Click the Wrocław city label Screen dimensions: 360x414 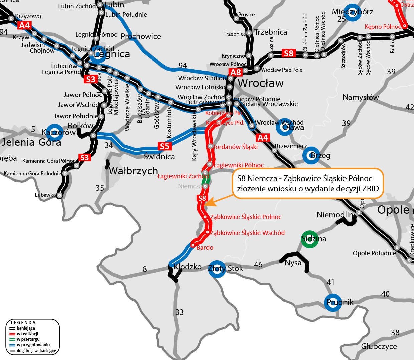[x=261, y=83]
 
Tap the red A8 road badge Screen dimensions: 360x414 [x=236, y=72]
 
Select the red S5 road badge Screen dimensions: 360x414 [x=164, y=146]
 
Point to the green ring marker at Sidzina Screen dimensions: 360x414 [x=310, y=239]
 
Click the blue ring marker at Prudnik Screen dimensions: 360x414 [x=333, y=303]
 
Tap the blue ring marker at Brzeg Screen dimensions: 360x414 [x=311, y=155]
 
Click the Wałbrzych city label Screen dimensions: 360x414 [x=133, y=171]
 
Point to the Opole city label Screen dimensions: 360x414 [x=393, y=210]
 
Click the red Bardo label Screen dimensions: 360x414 [x=205, y=248]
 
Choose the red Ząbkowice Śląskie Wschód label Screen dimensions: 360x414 [x=247, y=233]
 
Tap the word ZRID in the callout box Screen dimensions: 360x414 [x=370, y=189]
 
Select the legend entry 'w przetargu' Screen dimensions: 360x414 [x=28, y=339]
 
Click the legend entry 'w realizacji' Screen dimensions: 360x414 [x=27, y=334]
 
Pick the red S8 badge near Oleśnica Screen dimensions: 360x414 [x=288, y=53]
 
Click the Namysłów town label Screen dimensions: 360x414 [x=361, y=98]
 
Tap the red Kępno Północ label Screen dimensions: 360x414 [x=383, y=27]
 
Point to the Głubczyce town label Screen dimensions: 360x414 [x=379, y=346]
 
